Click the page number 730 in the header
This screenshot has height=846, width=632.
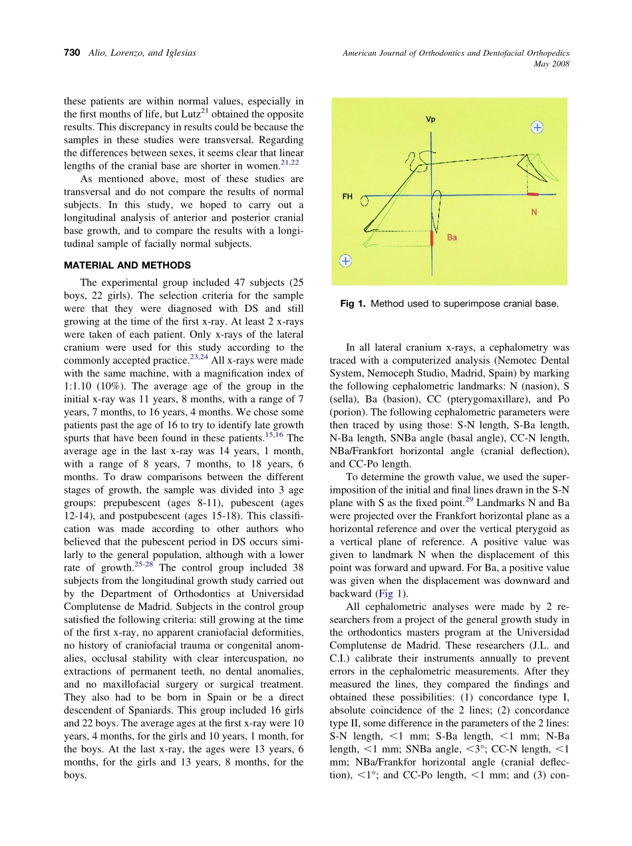(72, 53)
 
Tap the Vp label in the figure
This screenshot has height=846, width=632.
(430, 120)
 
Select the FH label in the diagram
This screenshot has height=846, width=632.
(347, 197)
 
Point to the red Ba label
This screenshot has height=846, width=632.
(452, 237)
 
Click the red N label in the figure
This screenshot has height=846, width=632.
(534, 213)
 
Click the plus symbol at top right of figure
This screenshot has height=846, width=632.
(538, 126)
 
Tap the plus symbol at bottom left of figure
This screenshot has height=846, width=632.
(345, 261)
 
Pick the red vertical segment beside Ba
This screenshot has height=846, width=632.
(432, 238)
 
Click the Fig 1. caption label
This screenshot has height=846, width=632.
(353, 304)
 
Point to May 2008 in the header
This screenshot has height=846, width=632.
(552, 64)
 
